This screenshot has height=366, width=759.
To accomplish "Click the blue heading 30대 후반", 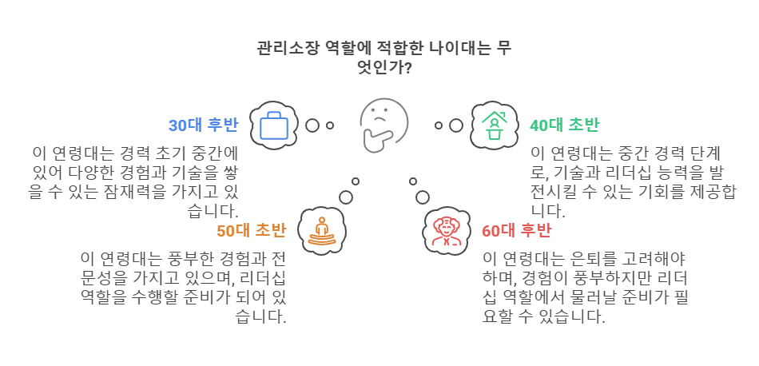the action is [203, 125].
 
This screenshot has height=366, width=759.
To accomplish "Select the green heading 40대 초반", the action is [564, 125].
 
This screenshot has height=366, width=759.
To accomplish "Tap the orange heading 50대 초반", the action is [251, 231].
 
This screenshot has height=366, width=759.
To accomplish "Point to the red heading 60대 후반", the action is [516, 231].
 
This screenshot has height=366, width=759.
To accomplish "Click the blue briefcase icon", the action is [274, 125].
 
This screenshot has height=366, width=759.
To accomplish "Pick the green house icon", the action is [494, 125].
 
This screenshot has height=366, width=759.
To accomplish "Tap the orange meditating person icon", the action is [322, 231].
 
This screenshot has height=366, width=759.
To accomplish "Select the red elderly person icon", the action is [446, 231].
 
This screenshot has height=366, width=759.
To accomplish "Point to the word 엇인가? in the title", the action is [384, 67].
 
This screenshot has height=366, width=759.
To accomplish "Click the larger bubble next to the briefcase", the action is [312, 125].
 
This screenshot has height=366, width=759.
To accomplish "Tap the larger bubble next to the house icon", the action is [456, 125].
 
